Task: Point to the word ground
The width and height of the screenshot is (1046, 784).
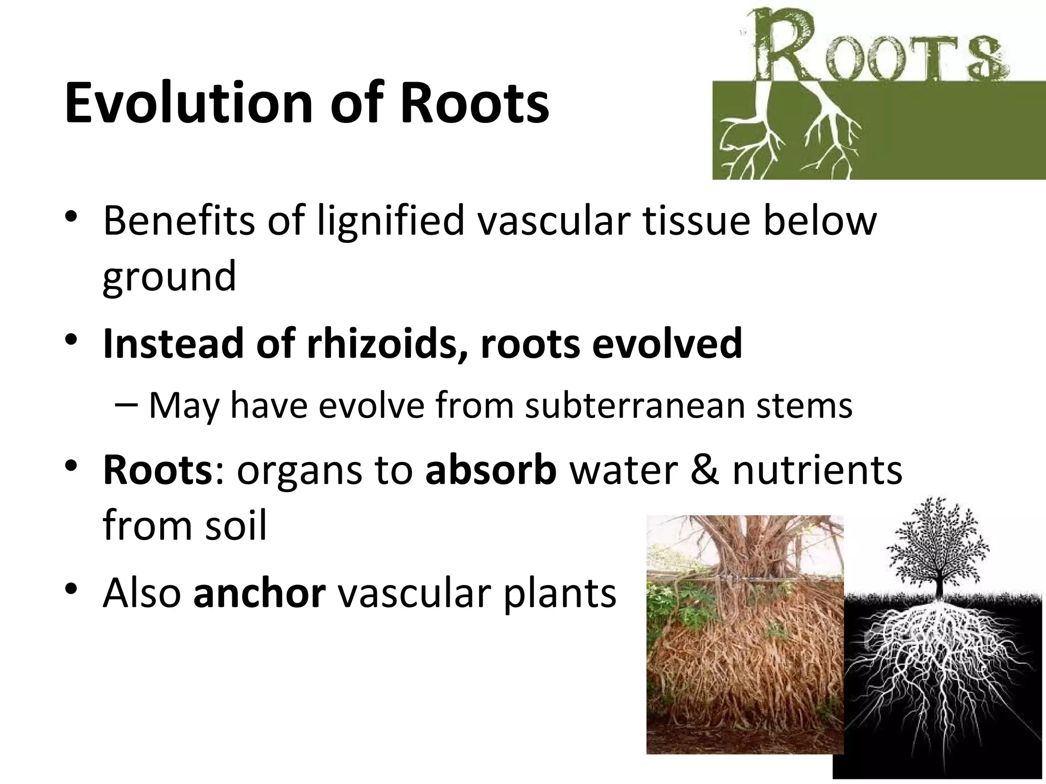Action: pyautogui.click(x=169, y=277)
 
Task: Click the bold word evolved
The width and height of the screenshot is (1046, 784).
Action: pyautogui.click(x=667, y=344)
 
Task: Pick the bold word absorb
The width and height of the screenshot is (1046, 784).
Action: pyautogui.click(x=491, y=470)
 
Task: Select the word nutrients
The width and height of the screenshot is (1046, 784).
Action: pyautogui.click(x=817, y=470)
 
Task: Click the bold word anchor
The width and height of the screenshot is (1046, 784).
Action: pyautogui.click(x=259, y=593)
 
